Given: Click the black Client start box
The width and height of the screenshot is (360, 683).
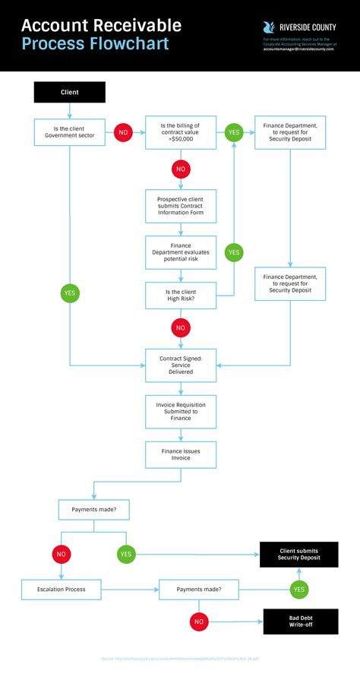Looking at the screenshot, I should tap(69, 92).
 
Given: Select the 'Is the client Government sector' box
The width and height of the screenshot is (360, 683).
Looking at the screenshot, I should tap(69, 131).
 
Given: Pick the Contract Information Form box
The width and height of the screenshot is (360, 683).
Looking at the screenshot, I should tap(180, 205).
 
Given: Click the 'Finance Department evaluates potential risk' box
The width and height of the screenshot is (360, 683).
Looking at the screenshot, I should tap(180, 252).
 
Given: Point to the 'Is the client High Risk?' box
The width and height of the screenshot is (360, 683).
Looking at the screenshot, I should tap(180, 295).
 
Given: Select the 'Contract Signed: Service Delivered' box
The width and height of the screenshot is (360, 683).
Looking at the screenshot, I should tap(180, 365).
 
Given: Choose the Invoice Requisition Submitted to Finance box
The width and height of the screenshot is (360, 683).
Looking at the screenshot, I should tap(180, 411).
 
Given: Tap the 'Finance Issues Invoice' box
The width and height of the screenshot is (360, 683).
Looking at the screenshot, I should tap(180, 454).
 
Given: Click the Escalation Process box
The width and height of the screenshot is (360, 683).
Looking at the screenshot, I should tap(61, 589).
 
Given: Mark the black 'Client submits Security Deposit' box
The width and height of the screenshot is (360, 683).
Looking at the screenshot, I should tap(298, 555).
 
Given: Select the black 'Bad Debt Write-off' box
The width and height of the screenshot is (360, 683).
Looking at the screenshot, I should tap(300, 621).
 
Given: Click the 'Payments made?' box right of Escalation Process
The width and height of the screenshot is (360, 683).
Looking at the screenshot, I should tap(198, 589).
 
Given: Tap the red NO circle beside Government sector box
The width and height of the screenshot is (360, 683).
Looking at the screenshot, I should tap(123, 132).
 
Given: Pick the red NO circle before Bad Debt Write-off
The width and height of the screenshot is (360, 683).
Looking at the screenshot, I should tap(199, 621).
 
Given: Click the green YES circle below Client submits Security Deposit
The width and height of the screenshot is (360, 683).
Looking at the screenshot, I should tap(298, 589).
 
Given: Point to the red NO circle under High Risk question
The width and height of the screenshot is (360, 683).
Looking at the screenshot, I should tap(180, 328).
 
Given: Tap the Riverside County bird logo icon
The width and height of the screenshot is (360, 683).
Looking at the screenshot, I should tap(269, 27).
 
